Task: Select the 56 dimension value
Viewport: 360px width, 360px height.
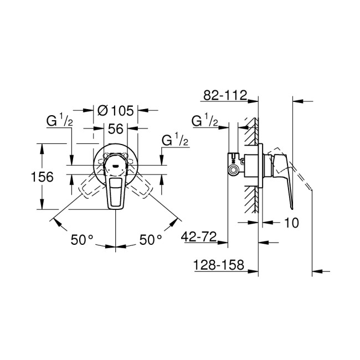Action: [x=115, y=128]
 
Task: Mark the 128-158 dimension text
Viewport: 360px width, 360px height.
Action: [x=219, y=265]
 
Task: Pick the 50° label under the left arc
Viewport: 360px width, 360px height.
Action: [x=82, y=240]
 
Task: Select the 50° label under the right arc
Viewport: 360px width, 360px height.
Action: [x=150, y=240]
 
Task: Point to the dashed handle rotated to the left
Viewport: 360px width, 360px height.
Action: [x=90, y=187]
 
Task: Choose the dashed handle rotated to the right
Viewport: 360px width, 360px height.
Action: [x=141, y=187]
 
